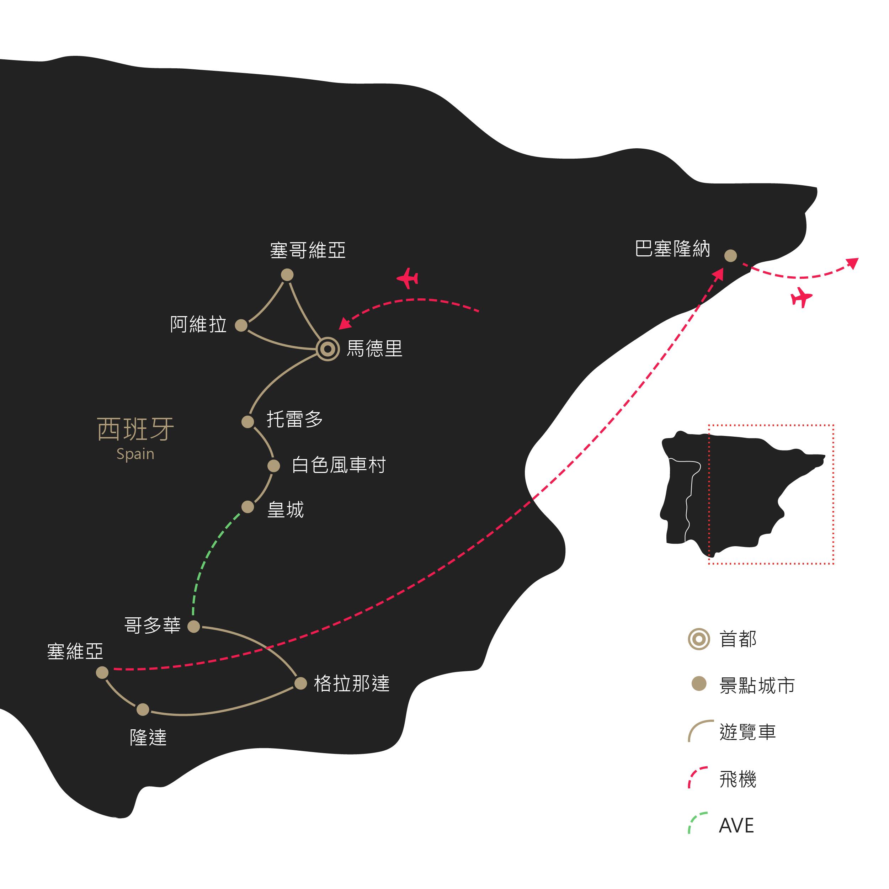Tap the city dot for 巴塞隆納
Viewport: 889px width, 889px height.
pyautogui.click(x=731, y=255)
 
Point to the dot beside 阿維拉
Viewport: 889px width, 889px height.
pyautogui.click(x=241, y=325)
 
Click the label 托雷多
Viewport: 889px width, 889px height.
pyautogui.click(x=295, y=419)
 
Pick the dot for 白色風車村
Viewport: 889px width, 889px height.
pyautogui.click(x=274, y=466)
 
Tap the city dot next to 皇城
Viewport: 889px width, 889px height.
pyautogui.click(x=247, y=507)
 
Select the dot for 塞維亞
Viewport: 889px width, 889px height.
pyautogui.click(x=102, y=672)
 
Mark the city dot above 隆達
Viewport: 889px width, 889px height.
pyautogui.click(x=143, y=709)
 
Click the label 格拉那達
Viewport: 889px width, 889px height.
pyautogui.click(x=352, y=684)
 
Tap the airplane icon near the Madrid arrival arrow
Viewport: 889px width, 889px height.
pyautogui.click(x=408, y=278)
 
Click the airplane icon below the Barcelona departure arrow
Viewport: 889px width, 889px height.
pyautogui.click(x=802, y=297)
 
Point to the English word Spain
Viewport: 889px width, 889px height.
pyautogui.click(x=135, y=454)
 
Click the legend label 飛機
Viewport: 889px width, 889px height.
pyautogui.click(x=738, y=779)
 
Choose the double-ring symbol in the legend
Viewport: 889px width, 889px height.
pyautogui.click(x=699, y=639)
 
